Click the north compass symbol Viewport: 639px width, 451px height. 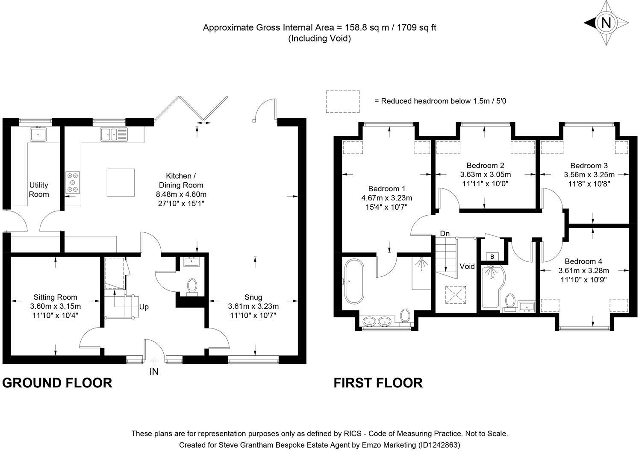605,22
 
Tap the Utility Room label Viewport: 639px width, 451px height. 39,190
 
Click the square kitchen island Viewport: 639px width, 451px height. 121,182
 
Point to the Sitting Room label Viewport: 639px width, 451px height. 56,297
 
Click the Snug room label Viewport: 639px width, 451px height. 253,297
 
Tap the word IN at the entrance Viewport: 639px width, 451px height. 154,372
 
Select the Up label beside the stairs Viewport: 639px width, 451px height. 144,307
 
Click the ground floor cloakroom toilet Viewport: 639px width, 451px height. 192,286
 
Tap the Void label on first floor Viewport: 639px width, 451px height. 467,266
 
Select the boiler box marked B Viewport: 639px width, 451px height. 492,256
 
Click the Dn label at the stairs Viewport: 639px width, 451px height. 445,234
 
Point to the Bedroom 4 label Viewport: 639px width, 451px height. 583,261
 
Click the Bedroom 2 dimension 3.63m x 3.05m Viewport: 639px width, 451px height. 485,175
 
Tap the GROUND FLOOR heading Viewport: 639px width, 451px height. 57,383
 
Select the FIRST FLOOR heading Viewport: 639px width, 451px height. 378,383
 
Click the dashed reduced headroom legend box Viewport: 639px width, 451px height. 342,101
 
